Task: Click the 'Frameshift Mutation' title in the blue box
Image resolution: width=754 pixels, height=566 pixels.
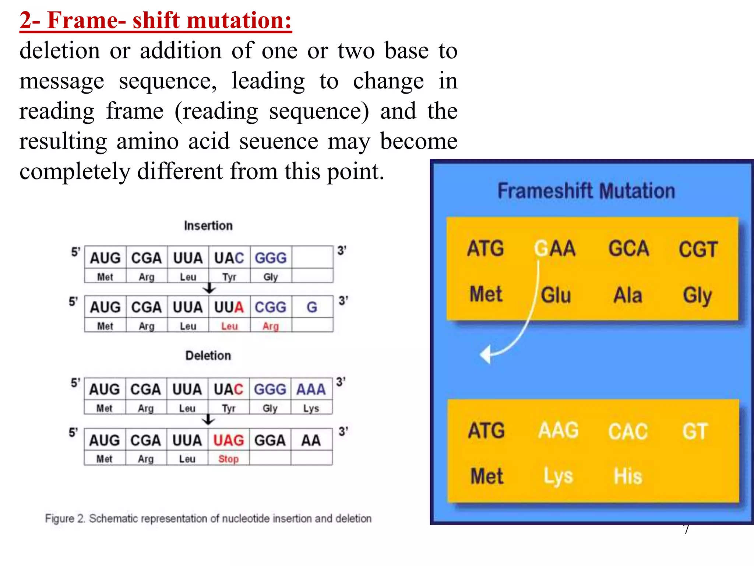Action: click(x=586, y=191)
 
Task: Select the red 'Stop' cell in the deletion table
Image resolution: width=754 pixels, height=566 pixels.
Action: click(x=229, y=459)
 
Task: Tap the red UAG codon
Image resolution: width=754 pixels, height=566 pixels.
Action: click(x=229, y=440)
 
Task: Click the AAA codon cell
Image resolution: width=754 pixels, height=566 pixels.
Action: click(x=311, y=389)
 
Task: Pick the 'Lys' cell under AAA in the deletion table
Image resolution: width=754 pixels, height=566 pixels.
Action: click(x=311, y=408)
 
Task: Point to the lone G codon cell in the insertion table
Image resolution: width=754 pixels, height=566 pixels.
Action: click(x=312, y=307)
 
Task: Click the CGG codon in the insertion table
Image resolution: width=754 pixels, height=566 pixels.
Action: click(x=271, y=307)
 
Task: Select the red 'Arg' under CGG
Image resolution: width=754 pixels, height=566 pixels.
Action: click(x=271, y=326)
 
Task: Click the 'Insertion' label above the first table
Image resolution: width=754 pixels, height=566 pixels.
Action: click(x=208, y=226)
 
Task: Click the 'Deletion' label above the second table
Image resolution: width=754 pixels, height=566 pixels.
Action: click(x=208, y=356)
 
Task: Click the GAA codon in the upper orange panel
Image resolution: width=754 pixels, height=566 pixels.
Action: click(x=555, y=248)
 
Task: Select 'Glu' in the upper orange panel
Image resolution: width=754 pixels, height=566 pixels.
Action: click(x=556, y=295)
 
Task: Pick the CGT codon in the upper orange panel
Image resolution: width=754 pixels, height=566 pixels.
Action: click(x=698, y=249)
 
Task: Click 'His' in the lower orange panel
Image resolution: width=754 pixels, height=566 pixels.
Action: click(x=628, y=476)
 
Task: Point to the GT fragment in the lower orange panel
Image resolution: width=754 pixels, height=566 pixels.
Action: click(x=695, y=431)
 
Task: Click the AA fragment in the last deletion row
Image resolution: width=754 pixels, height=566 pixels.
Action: click(x=311, y=440)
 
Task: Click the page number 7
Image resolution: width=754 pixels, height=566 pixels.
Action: click(x=686, y=530)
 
